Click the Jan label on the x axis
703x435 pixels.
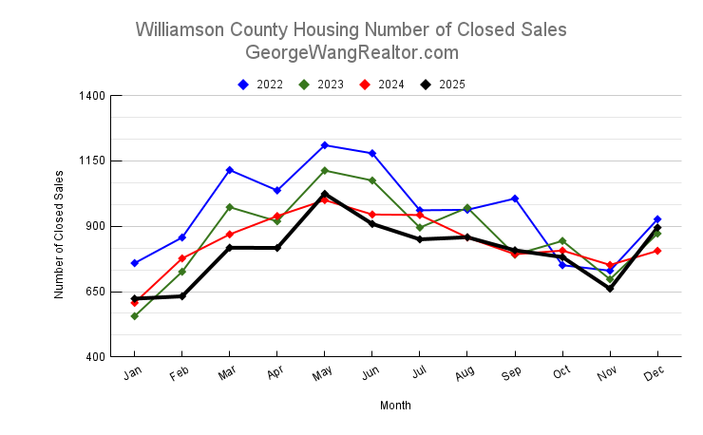[x=133, y=374]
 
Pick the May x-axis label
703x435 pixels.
[x=323, y=374]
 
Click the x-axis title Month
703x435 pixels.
[x=395, y=406]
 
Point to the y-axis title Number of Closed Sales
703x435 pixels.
[x=59, y=235]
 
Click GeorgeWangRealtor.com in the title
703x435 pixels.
[x=351, y=52]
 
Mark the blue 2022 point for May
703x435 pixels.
[x=325, y=145]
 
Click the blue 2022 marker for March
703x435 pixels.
[x=230, y=170]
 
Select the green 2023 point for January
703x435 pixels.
[x=135, y=316]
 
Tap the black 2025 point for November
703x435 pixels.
[x=610, y=289]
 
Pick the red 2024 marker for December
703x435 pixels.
[x=657, y=251]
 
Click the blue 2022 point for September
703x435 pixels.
[x=515, y=199]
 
